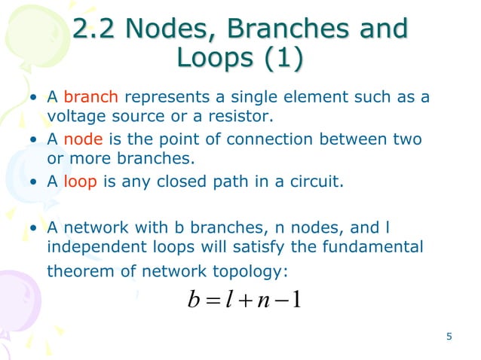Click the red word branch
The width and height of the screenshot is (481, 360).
[90, 98]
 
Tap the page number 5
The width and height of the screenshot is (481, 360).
[449, 337]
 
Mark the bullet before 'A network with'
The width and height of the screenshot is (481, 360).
[35, 227]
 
